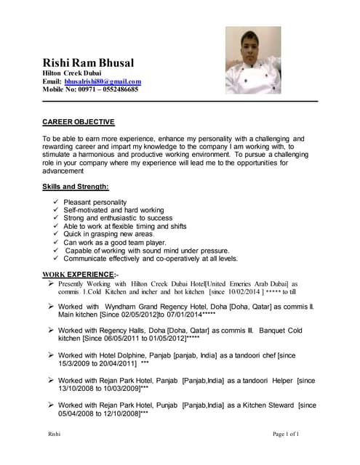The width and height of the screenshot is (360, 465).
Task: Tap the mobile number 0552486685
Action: point(113,89)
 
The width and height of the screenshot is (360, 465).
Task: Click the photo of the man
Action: point(252,60)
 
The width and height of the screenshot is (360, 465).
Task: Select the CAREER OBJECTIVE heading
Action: point(78,121)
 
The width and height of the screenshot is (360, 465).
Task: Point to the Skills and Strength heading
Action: point(76,187)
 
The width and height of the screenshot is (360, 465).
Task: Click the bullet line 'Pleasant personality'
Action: point(95,202)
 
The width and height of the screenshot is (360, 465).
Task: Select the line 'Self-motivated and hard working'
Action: point(113,210)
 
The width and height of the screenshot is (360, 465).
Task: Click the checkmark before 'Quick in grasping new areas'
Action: point(56,234)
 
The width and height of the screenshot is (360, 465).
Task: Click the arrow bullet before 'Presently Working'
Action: point(50,283)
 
